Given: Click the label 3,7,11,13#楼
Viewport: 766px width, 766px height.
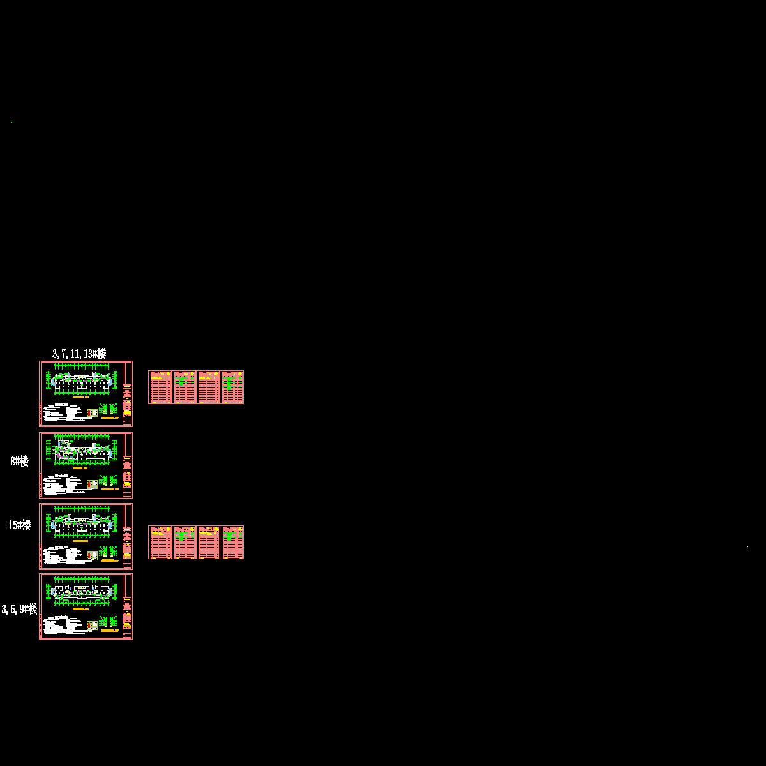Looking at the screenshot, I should point(79,354).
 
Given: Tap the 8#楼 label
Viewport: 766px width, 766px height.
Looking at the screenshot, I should point(20,462).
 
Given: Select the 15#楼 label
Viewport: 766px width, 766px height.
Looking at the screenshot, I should point(20,525).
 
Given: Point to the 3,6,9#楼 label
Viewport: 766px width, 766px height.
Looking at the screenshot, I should point(19,609).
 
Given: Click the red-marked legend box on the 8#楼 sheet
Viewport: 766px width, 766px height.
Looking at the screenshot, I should point(92,484).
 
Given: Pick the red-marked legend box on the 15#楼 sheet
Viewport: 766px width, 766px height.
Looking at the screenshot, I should point(92,555).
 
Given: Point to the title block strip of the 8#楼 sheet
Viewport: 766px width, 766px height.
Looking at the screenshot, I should point(128,465).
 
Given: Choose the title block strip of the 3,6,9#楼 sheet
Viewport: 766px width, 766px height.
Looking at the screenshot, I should point(128,606).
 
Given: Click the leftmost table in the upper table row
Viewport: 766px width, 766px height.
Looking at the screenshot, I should point(160,387).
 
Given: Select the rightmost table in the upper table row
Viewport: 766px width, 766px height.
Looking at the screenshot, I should point(232,387).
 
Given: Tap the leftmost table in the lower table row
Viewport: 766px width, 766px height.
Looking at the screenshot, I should point(160,542).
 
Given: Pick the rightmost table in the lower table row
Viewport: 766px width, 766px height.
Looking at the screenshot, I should point(232,542).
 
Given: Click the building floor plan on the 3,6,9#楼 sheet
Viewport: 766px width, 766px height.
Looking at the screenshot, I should point(83,592).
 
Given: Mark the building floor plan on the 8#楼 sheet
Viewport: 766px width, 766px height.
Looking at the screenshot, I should point(83,451).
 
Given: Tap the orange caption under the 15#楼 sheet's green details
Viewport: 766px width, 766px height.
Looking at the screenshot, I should point(110,560).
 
